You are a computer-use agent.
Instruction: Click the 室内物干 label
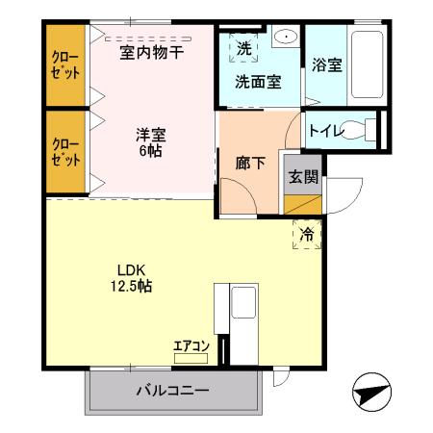151,53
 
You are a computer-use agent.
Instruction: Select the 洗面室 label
259,81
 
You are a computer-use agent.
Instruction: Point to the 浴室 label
327,65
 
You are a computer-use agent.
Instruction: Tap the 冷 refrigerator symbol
306,234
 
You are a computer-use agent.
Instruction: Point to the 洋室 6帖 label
149,142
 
